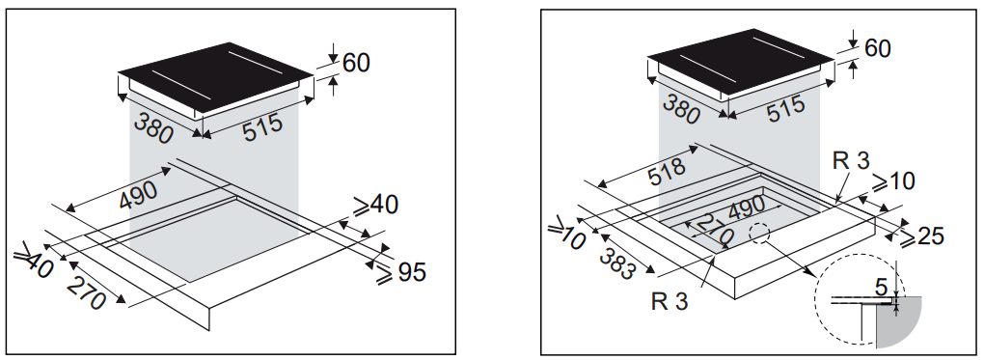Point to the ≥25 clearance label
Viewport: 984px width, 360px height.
[921, 236]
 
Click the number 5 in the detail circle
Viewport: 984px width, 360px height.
[882, 287]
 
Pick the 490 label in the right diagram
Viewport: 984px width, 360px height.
[746, 208]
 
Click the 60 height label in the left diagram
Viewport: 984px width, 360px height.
[356, 63]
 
